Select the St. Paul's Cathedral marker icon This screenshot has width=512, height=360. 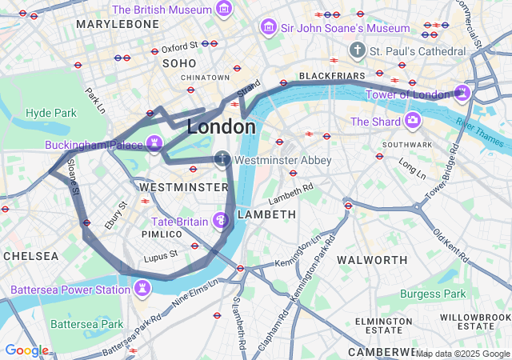point(358,50)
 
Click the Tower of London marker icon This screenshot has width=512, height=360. point(462,94)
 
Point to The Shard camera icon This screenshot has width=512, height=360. point(413,121)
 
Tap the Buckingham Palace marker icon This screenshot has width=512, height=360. point(154,144)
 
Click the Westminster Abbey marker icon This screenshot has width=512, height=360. point(222,159)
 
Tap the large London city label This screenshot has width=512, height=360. point(222,126)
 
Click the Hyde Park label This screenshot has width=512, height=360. point(50,113)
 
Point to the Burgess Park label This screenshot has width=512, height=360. point(432,294)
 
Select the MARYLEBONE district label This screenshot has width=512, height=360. point(118,24)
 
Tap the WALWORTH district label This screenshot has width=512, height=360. point(372,260)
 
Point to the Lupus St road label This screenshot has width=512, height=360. point(160,258)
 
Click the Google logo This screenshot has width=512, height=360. point(26,350)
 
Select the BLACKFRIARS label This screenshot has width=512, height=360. point(331,75)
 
